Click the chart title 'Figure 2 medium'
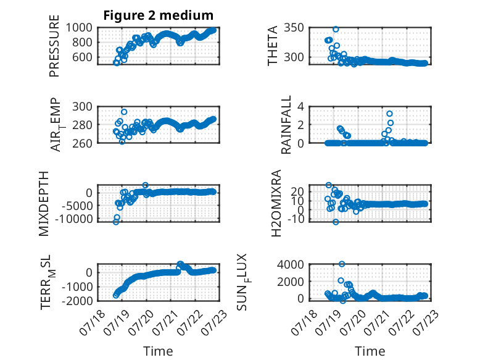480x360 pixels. (x=159, y=15)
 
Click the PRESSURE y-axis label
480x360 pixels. (x=54, y=46)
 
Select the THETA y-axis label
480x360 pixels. (x=272, y=46)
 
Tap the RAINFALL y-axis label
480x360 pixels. (x=286, y=125)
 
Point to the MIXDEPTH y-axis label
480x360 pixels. (x=44, y=204)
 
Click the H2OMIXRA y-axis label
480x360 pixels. (x=276, y=203)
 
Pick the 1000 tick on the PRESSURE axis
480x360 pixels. (x=79, y=28)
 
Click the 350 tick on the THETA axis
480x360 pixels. (x=294, y=28)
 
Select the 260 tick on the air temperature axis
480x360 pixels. (x=82, y=143)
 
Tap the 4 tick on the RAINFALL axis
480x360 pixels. (x=301, y=107)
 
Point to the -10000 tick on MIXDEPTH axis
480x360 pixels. (x=74, y=219)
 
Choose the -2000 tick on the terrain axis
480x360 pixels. (x=77, y=301)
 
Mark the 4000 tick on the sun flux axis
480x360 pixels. (x=291, y=264)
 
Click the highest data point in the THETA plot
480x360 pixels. (x=336, y=30)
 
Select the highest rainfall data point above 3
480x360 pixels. (x=389, y=114)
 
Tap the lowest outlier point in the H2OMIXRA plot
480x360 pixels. (x=336, y=222)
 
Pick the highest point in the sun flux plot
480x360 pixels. (x=342, y=264)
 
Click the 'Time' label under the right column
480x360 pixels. (x=370, y=351)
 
